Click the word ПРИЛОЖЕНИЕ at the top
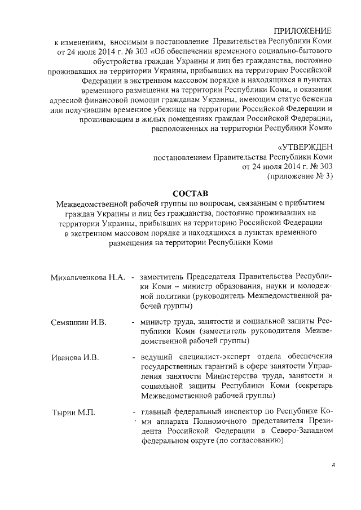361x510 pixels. tap(303, 30)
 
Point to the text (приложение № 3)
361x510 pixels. tap(299, 177)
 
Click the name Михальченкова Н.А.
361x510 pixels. tap(87, 277)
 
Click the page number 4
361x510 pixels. tap(333, 465)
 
